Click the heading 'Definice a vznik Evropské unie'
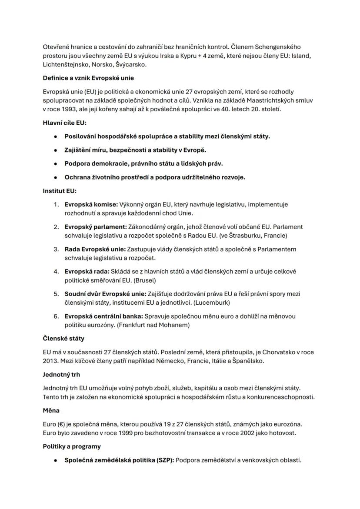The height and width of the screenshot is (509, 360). [x=88, y=78]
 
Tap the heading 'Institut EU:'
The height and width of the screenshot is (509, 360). [x=60, y=191]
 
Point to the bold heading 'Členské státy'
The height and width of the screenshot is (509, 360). [x=63, y=338]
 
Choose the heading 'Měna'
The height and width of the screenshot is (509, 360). [x=51, y=410]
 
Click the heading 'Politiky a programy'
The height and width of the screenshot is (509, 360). [x=72, y=446]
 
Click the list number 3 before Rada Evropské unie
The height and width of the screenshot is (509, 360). [x=56, y=250]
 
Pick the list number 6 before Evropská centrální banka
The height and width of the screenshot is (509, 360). [x=56, y=316]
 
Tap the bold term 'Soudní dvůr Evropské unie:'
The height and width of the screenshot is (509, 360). [x=106, y=294]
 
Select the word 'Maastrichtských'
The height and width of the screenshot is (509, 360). [x=265, y=100]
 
